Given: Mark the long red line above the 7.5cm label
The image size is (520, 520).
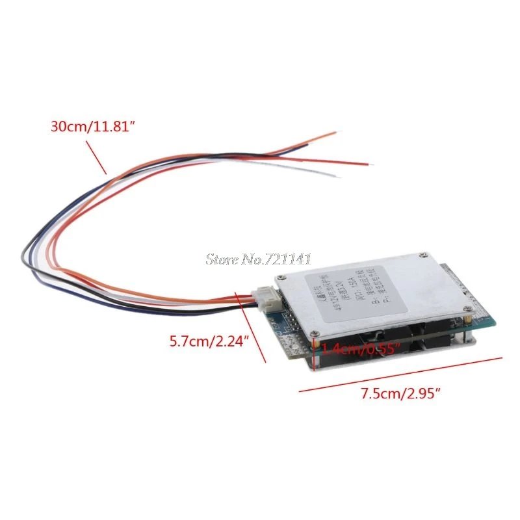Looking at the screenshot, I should [x=401, y=374].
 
